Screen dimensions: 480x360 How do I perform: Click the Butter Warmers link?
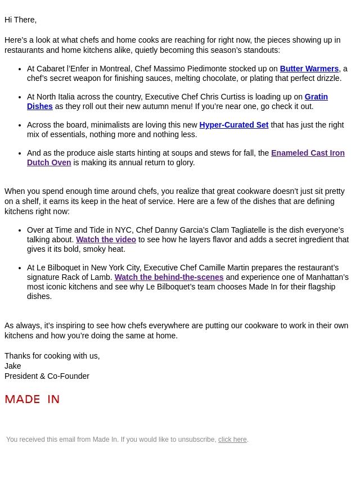tap(309, 69)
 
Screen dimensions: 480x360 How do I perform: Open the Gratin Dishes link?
tap(316, 97)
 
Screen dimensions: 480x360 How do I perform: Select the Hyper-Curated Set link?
tap(233, 125)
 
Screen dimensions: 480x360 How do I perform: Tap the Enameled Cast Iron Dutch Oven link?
tap(307, 153)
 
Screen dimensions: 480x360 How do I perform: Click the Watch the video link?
tap(106, 239)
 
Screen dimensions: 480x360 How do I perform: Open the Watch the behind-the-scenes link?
tap(169, 277)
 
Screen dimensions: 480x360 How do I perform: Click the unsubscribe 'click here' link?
tap(232, 440)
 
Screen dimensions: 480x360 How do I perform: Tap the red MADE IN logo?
tap(32, 399)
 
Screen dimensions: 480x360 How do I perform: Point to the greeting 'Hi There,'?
tap(20, 20)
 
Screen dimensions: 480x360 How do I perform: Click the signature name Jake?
tap(12, 366)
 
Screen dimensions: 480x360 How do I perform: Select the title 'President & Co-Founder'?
tap(47, 376)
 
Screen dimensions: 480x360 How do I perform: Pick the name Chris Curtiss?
tap(222, 97)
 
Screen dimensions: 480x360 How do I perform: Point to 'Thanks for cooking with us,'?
tap(52, 356)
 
